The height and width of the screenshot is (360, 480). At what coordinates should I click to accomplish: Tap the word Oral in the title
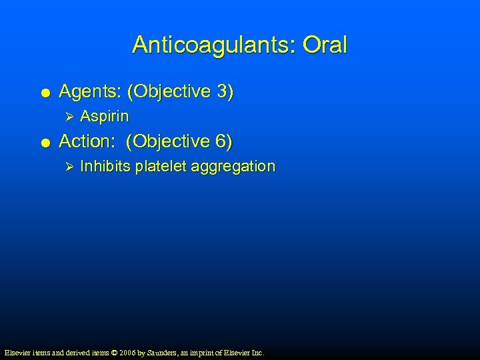click(325, 45)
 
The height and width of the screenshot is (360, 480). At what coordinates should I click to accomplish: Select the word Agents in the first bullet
click(87, 91)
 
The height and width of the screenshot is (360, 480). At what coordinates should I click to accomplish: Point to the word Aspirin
click(104, 117)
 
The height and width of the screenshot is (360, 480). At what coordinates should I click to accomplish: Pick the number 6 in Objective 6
click(221, 141)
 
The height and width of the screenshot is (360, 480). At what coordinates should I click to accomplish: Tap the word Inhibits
click(105, 167)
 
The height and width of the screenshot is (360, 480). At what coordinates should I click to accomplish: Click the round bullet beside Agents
click(43, 93)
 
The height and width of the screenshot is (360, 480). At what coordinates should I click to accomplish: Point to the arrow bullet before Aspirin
click(65, 117)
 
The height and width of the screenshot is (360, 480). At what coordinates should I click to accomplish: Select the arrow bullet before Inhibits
click(65, 167)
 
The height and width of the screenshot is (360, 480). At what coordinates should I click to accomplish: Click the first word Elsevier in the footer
click(18, 352)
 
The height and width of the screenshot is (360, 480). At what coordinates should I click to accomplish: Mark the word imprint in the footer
click(211, 352)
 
